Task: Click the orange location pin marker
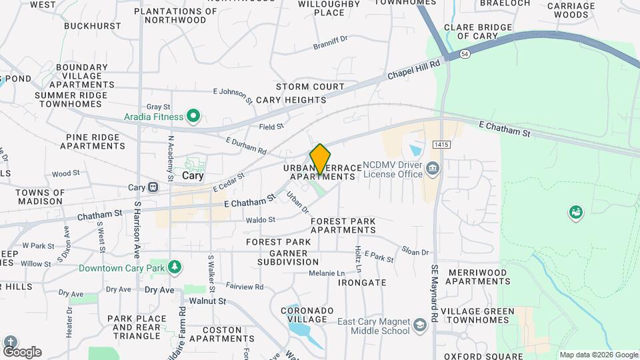point(320,159)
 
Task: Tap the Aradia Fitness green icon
point(193,117)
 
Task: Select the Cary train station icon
point(153,188)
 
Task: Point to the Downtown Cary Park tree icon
point(175,267)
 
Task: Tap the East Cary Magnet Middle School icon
point(420,325)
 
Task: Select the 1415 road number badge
point(441,144)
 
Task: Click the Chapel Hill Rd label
point(415,71)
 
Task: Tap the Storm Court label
point(310,87)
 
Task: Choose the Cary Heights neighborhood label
point(291,100)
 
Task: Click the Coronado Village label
point(307,315)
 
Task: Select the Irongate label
point(362,282)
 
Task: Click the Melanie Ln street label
point(327,273)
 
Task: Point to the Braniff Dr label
point(330,43)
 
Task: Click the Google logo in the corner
point(21,351)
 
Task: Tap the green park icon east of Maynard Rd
point(575,213)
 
